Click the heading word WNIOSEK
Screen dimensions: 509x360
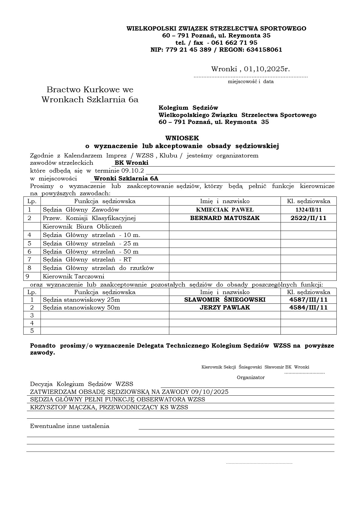(x=182, y=138)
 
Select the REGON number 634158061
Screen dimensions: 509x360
(x=264, y=50)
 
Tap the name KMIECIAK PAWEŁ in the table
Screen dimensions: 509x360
(x=225, y=210)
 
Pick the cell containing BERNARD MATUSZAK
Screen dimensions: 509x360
(x=225, y=218)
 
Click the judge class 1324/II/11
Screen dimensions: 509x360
(x=308, y=210)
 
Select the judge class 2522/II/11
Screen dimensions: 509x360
(x=308, y=218)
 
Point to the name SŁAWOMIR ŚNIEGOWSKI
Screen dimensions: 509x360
(x=225, y=300)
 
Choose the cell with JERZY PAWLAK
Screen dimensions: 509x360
(x=225, y=307)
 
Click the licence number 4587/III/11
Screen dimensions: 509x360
(x=308, y=300)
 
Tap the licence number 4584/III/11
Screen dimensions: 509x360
(x=308, y=307)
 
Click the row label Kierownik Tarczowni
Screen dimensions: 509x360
(x=73, y=276)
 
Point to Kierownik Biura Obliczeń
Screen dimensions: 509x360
(x=82, y=226)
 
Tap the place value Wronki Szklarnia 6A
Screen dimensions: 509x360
(x=126, y=178)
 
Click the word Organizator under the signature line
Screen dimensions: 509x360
(x=251, y=377)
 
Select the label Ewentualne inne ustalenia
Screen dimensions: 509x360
(x=70, y=426)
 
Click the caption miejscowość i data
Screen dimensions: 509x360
(x=251, y=81)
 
